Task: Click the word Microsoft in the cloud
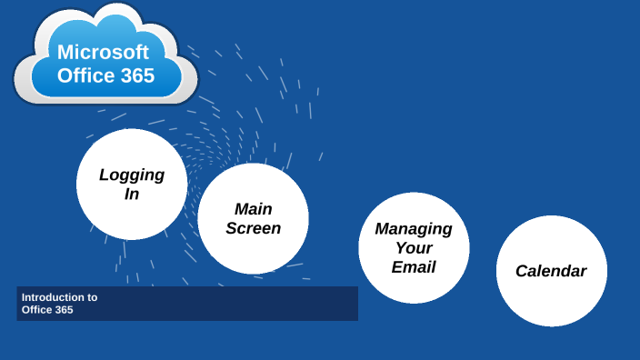point(103,52)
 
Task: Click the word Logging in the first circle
point(132,175)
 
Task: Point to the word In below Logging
point(132,194)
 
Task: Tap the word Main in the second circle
point(253,209)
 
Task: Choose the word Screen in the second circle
point(253,228)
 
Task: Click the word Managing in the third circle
point(414,228)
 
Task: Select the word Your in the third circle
point(414,247)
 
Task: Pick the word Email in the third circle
point(414,267)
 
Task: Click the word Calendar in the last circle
point(551,271)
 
